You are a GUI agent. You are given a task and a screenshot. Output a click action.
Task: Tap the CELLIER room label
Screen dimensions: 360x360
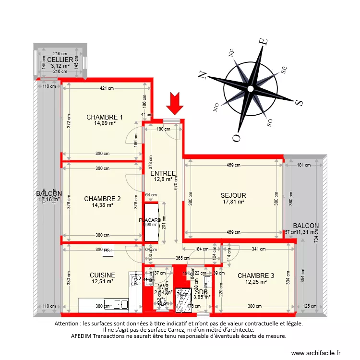tap(60, 60)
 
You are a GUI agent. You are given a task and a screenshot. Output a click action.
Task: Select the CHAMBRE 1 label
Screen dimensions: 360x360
tap(105, 117)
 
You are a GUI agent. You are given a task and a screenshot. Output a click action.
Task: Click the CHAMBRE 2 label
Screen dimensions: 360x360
tap(102, 199)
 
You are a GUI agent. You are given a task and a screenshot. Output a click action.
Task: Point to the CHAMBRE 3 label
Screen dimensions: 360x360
tap(256, 276)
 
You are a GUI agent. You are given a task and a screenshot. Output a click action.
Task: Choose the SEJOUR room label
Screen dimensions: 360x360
tap(233, 195)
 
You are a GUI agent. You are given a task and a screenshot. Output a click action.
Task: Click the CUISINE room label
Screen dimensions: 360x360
tap(102, 275)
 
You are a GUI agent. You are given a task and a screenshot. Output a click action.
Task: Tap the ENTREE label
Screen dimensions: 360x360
tap(163, 173)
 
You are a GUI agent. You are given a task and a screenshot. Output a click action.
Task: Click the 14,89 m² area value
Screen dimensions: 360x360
tap(105, 123)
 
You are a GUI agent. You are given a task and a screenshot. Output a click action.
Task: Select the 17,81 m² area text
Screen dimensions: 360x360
tap(233, 202)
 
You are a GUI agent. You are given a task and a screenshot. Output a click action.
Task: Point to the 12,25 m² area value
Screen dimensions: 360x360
tap(256, 282)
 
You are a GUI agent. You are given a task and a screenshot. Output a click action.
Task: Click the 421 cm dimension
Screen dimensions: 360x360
tap(107, 88)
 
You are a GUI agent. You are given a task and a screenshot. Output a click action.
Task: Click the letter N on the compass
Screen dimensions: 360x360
tap(202, 75)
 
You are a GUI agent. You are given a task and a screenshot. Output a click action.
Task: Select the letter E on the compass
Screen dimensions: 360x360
tap(263, 42)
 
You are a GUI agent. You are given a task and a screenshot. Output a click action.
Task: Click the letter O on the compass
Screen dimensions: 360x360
tap(236, 138)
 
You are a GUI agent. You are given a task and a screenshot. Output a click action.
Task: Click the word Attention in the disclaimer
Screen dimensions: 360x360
tap(69, 324)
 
